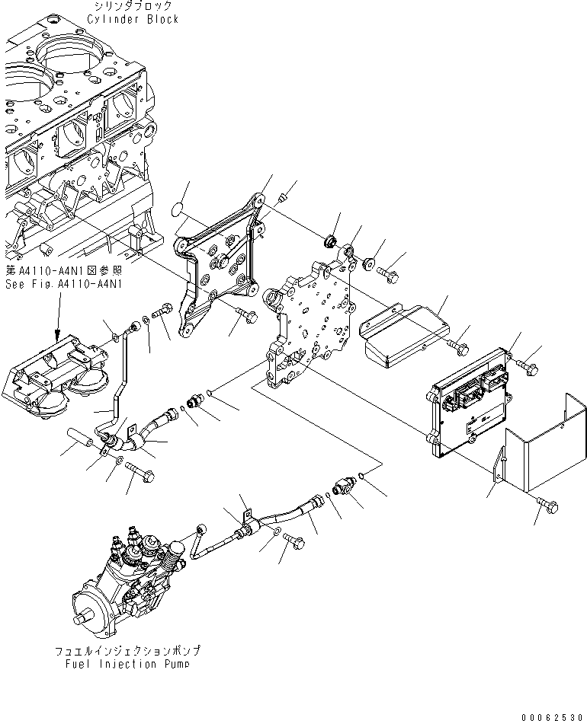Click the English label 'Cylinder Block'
click(x=133, y=18)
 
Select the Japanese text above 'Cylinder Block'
click(x=133, y=6)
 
